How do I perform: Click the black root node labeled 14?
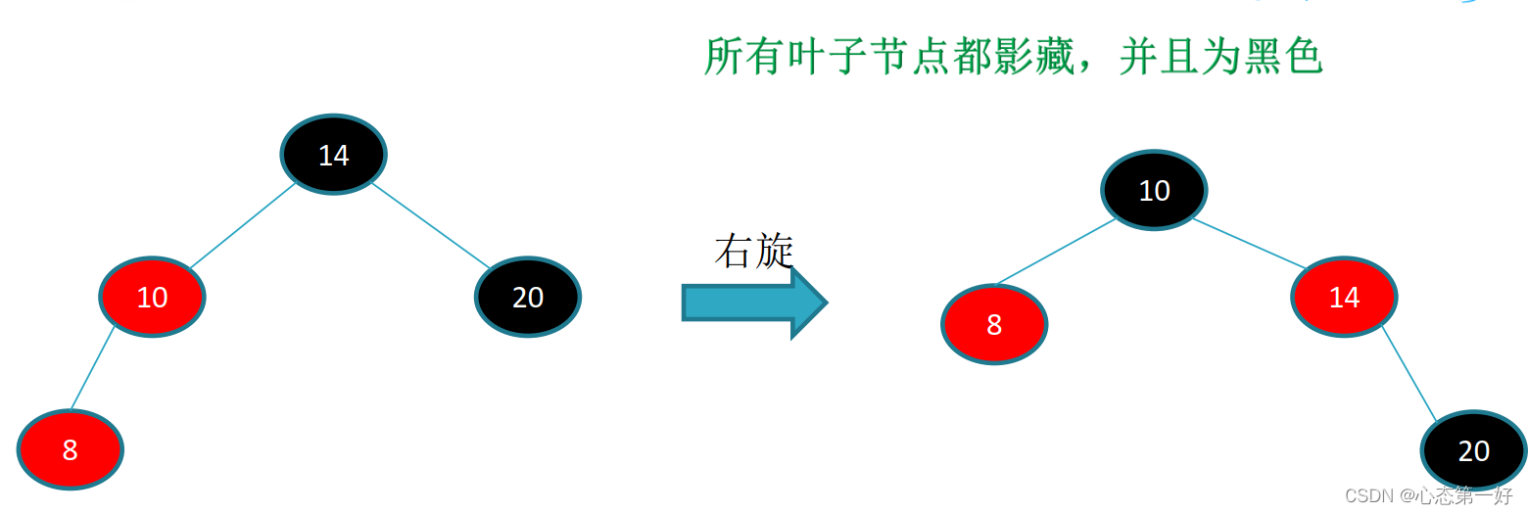pos(333,154)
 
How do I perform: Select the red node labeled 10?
pos(152,297)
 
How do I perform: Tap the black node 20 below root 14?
pos(528,297)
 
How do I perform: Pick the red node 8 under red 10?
pos(70,449)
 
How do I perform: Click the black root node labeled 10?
pos(1154,190)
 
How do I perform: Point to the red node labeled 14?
pos(1344,297)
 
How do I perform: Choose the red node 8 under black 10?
pos(994,324)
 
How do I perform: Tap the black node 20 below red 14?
pos(1473,450)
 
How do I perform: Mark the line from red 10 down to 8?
pos(93,368)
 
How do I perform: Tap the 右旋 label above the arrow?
pos(752,252)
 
